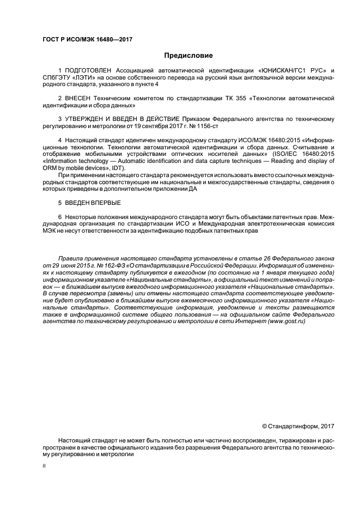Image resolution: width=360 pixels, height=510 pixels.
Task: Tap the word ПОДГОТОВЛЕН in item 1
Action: [88, 71]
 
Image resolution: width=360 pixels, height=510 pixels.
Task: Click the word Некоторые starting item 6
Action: [80, 216]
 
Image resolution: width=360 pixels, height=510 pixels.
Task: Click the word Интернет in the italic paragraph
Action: [248, 321]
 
